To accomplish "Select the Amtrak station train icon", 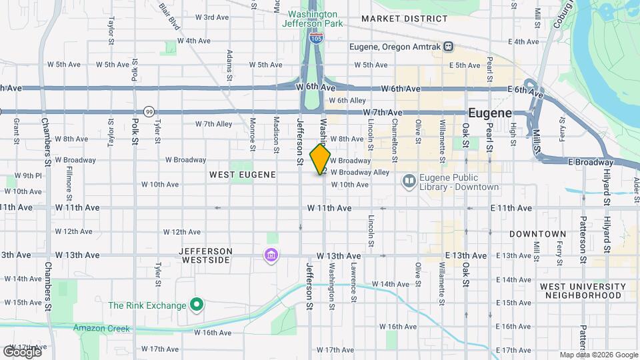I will (x=449, y=47).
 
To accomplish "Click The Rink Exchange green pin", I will (x=196, y=305).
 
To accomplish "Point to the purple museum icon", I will (x=271, y=256).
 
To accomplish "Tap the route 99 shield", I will (x=148, y=111).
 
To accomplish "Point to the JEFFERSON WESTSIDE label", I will (x=206, y=255).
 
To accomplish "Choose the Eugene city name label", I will (x=489, y=113).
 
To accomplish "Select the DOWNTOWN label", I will (x=537, y=234).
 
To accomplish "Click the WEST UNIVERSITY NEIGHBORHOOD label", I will (x=583, y=291).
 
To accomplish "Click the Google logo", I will (x=21, y=351).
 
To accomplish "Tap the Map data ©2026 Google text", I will (x=598, y=355).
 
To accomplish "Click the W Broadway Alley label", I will (x=360, y=172).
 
